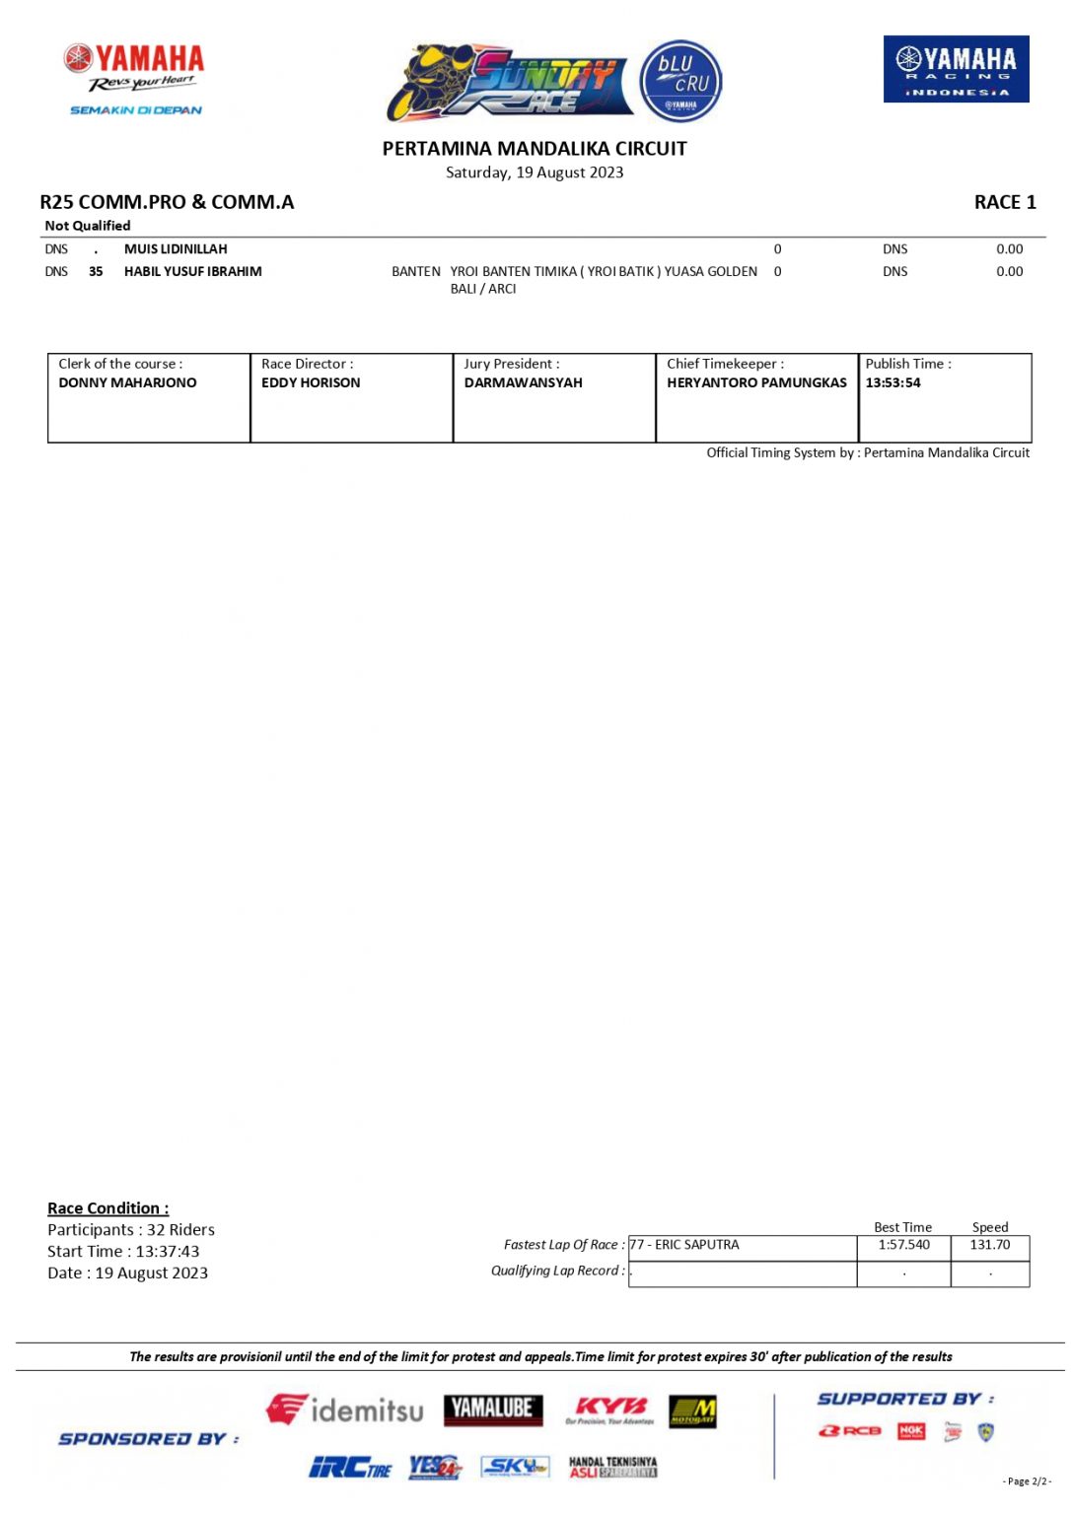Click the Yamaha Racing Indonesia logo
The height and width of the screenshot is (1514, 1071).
[x=956, y=69]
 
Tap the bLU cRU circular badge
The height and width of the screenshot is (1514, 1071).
[x=681, y=81]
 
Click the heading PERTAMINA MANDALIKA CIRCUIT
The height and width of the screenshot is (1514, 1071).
[x=535, y=149]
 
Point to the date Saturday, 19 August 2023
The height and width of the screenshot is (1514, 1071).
[x=535, y=172]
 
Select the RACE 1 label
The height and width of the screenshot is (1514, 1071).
[x=1004, y=202]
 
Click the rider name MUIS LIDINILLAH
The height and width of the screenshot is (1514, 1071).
[x=176, y=249]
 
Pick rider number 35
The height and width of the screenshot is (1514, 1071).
[x=96, y=271]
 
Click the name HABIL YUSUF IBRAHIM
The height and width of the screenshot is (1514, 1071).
[x=193, y=271]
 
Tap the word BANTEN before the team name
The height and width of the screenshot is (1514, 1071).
[x=415, y=271]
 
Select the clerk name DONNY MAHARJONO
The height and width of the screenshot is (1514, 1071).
[x=127, y=382]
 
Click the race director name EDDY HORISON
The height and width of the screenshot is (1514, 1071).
[x=311, y=382]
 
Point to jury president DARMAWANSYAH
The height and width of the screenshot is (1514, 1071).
[x=523, y=382]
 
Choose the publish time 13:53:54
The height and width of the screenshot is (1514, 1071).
[x=892, y=382]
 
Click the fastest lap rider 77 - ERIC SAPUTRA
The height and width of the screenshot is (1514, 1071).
[x=684, y=1245]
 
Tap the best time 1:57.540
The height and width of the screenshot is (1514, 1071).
[x=903, y=1245]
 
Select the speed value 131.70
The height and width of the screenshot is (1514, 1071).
[x=989, y=1245]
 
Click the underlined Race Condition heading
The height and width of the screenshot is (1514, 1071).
[x=108, y=1208]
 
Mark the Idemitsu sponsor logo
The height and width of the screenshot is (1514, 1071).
[x=344, y=1410]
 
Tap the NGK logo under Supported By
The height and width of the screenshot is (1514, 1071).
[x=910, y=1430]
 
